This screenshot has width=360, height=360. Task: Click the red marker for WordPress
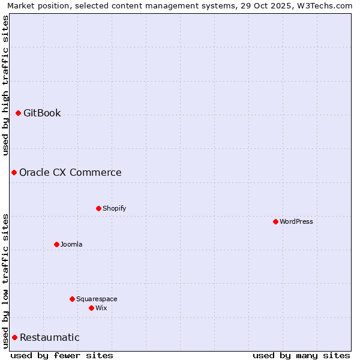click(x=275, y=221)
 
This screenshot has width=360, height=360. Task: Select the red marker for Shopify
click(x=99, y=208)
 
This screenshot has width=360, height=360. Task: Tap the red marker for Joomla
click(x=57, y=244)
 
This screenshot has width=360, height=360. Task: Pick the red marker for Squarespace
click(x=73, y=299)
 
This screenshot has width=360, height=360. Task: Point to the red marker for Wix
click(x=92, y=308)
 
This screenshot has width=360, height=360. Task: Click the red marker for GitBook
click(x=19, y=113)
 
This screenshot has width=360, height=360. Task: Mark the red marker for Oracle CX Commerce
click(x=14, y=172)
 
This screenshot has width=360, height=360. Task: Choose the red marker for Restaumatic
click(x=15, y=337)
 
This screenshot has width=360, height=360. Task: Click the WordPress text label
click(x=296, y=221)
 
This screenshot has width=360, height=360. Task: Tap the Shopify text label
click(x=115, y=208)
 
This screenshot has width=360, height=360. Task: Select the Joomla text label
click(x=71, y=244)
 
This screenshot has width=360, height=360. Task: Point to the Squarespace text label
click(x=97, y=299)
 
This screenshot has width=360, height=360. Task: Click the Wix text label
click(x=101, y=308)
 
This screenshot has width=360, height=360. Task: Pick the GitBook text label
click(x=42, y=113)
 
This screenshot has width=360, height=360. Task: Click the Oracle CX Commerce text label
click(x=70, y=172)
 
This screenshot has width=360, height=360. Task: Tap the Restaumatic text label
click(x=50, y=337)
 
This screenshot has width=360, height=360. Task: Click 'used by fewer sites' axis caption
click(x=62, y=355)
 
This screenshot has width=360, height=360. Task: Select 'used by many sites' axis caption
click(x=301, y=355)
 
